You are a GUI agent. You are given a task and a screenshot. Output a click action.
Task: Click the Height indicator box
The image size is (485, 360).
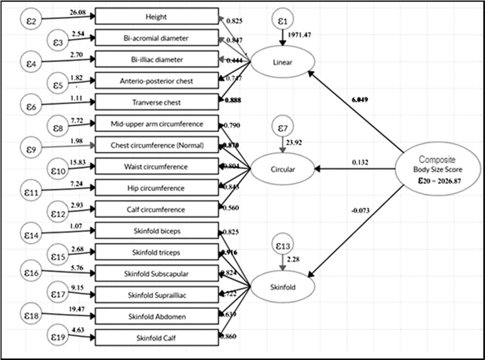coord(156,17)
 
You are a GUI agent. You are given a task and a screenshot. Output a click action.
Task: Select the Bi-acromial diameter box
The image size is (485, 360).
coord(156,38)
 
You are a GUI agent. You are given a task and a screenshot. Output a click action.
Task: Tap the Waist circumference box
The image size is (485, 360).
coord(156,167)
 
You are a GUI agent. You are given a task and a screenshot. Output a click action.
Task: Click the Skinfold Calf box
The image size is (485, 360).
coord(156,338)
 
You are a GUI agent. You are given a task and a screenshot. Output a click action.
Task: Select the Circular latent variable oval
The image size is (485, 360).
coord(283,169)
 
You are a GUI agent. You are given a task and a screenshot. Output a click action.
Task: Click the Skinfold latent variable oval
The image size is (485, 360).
coord(283,287)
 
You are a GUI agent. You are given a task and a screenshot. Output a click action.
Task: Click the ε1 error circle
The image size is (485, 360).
coord(283,21)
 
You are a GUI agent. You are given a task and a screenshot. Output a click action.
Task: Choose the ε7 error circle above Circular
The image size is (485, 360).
coord(283,128)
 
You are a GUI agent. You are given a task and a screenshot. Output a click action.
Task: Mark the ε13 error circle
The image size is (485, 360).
coord(283,245)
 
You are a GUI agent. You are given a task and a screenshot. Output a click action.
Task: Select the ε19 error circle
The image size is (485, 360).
coord(58,338)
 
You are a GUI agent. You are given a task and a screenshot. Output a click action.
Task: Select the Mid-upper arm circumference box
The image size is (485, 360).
coord(156,124)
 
